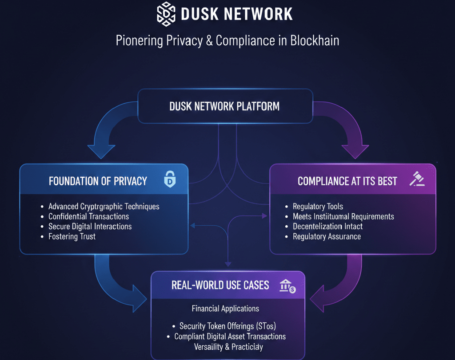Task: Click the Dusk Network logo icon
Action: pyautogui.click(x=166, y=13)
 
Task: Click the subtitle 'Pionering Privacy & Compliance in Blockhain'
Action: pyautogui.click(x=227, y=41)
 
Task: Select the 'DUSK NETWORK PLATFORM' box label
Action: pyautogui.click(x=224, y=106)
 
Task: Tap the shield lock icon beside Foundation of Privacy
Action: pyautogui.click(x=169, y=180)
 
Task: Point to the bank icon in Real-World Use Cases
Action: pyautogui.click(x=287, y=286)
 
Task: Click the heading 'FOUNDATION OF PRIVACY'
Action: pyautogui.click(x=98, y=181)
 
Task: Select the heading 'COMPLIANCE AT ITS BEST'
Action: pyautogui.click(x=347, y=181)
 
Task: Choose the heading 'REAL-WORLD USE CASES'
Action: pyautogui.click(x=220, y=285)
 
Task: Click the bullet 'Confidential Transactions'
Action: pyautogui.click(x=88, y=216)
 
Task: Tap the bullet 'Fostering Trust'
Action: pyautogui.click(x=72, y=236)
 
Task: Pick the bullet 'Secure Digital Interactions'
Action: pyautogui.click(x=90, y=227)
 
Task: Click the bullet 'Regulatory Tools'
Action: pyautogui.click(x=318, y=207)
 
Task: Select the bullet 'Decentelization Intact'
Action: pyautogui.click(x=327, y=227)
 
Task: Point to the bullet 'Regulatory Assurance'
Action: pyautogui.click(x=327, y=237)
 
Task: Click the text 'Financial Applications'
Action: pyautogui.click(x=225, y=308)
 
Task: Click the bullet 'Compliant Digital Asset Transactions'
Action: pyautogui.click(x=230, y=337)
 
